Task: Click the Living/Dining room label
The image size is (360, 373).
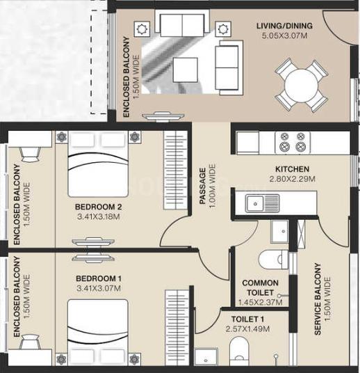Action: [x=284, y=26]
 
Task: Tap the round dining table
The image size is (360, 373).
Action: [x=301, y=86]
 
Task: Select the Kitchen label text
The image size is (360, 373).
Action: [x=292, y=169]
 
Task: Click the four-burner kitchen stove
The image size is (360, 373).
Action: [x=291, y=142]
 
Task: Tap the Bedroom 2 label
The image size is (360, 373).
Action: [x=98, y=207]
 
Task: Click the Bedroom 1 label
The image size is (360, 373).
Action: [x=98, y=279]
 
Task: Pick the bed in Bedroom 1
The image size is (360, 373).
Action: [x=98, y=328]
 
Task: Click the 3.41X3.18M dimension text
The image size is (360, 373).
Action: [x=98, y=217]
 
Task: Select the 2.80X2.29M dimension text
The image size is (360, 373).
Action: [x=292, y=179]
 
